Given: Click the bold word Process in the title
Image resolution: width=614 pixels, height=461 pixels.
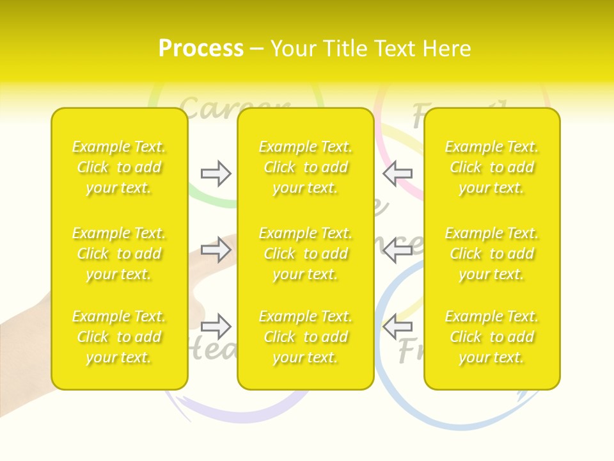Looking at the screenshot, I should point(201,49).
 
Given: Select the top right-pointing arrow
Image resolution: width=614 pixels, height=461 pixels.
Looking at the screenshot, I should point(216,174).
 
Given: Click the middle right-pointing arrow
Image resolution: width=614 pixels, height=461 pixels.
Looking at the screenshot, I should point(216,250).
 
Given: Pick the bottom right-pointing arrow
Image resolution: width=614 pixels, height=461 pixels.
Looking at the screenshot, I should point(216,327).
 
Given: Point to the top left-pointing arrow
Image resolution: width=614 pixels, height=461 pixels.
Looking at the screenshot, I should point(398,174).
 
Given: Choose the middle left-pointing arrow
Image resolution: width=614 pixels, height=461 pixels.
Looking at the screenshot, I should point(398,250).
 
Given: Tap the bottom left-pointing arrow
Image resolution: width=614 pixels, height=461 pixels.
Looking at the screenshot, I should point(398,327).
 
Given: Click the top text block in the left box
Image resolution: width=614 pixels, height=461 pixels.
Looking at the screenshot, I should point(119,167).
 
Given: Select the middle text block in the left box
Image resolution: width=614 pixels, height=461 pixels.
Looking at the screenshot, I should point(119,254).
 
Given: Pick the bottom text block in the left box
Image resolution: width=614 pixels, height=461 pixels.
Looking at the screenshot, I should point(119,337).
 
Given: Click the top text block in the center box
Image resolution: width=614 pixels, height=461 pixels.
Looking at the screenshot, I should point(306,167).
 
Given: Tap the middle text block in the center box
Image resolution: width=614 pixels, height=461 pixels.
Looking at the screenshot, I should point(306,254).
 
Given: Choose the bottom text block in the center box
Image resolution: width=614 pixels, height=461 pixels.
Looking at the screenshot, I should point(306,337).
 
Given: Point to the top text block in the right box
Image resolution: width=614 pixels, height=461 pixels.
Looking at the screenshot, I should point(492,167).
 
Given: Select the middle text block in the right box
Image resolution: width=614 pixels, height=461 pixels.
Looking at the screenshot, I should point(492,254).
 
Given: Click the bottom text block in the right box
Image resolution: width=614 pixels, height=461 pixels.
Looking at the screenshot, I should point(492,337).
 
